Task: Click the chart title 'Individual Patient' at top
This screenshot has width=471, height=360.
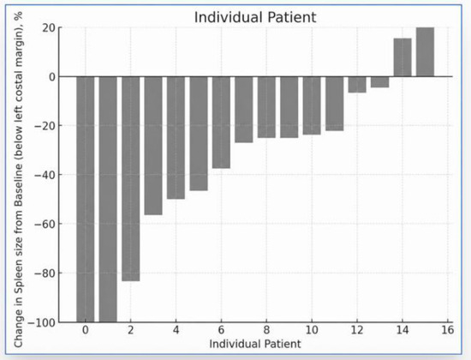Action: tap(255, 17)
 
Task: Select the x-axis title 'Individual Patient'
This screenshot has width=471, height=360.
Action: tap(255, 344)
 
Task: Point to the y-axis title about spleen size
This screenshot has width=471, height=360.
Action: tap(18, 179)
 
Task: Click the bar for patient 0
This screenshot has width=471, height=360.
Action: tap(86, 200)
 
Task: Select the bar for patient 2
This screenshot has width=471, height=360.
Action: tap(131, 179)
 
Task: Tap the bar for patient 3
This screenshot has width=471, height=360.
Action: tap(153, 146)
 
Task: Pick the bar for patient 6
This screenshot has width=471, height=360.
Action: tap(222, 123)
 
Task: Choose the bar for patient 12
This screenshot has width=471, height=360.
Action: tap(357, 85)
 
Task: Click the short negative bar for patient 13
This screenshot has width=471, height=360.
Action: tap(380, 82)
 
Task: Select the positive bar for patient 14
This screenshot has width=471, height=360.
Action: tap(402, 57)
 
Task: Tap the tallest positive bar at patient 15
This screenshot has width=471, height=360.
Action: tap(425, 51)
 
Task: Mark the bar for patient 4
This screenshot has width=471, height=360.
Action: tap(176, 138)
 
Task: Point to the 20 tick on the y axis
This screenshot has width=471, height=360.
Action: tap(49, 27)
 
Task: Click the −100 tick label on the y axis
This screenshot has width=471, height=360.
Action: tap(42, 322)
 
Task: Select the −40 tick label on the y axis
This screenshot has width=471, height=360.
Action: tap(45, 175)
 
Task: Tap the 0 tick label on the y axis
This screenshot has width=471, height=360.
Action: tap(52, 76)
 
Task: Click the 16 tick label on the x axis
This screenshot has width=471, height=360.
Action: tap(448, 330)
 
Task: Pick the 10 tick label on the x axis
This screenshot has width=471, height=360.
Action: tap(312, 330)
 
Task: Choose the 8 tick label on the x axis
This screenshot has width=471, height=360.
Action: tap(266, 330)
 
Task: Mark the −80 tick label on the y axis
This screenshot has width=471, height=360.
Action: tap(45, 273)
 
